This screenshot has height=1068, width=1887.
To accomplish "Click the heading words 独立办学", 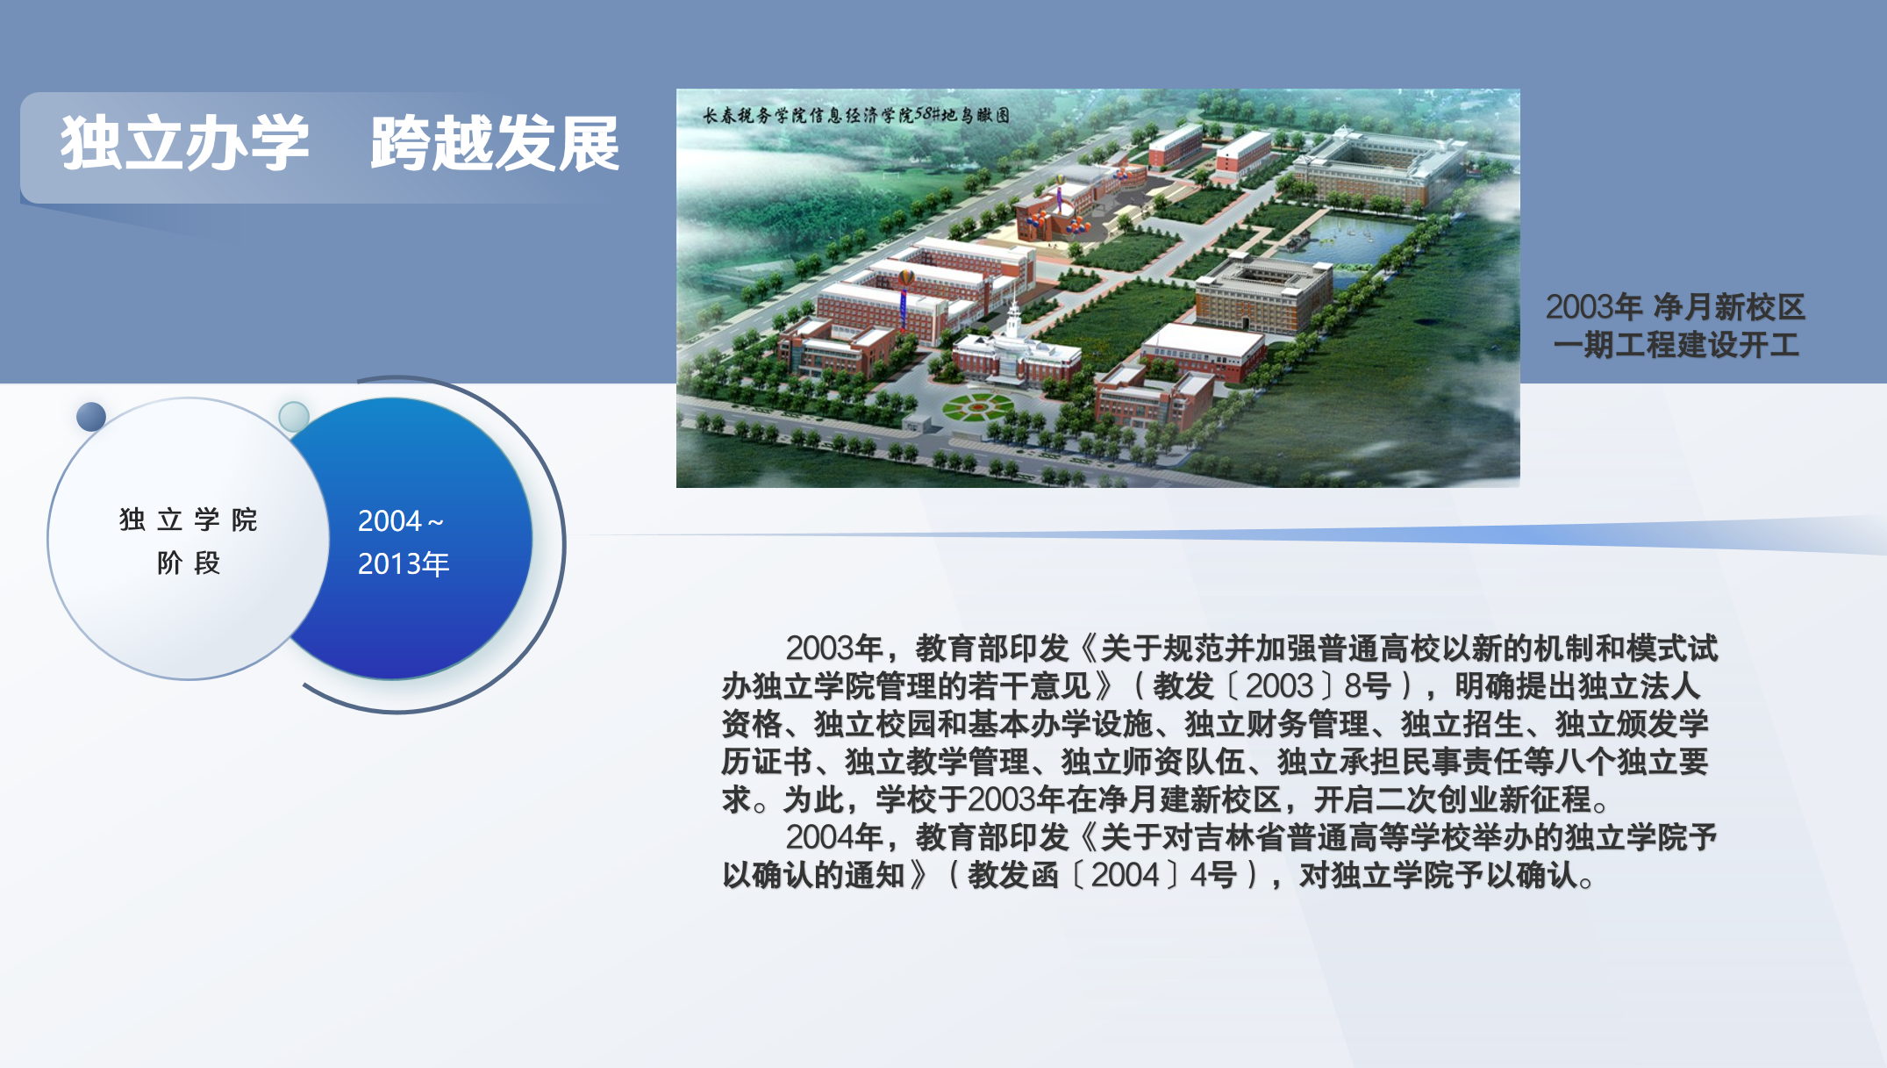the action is tap(185, 143).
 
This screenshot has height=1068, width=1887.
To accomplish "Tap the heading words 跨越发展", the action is tap(496, 143).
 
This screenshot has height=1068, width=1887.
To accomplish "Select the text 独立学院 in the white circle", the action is tap(189, 520).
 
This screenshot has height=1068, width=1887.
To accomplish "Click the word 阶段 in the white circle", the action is tap(189, 563).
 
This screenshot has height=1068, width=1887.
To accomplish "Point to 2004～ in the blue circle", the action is tap(401, 521).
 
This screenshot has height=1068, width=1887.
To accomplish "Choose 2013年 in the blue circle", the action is tap(404, 563).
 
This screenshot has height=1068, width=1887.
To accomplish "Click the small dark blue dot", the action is tap(91, 416).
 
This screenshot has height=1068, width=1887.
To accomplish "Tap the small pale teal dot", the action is tap(294, 416).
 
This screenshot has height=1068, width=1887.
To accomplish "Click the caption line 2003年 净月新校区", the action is tap(1675, 307).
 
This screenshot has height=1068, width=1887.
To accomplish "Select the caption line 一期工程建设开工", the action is tap(1676, 345).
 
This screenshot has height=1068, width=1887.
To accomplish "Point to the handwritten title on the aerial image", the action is tap(856, 115).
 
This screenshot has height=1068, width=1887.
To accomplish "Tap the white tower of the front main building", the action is tap(1013, 323).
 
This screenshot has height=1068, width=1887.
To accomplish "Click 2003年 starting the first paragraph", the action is tap(833, 649).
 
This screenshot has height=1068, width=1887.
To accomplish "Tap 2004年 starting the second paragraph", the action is tap(833, 838).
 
